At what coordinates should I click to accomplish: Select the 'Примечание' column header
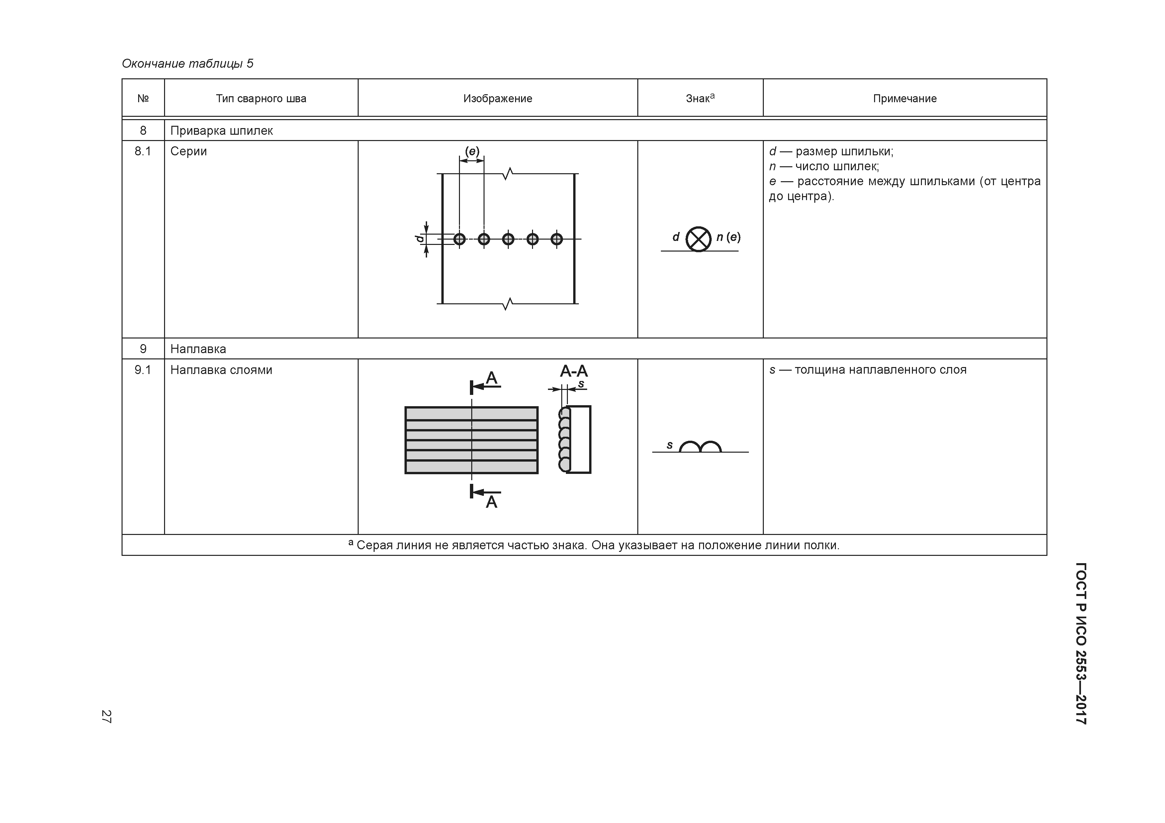click(x=904, y=98)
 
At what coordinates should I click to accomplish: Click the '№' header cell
click(x=143, y=98)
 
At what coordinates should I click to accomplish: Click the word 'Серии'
click(x=188, y=151)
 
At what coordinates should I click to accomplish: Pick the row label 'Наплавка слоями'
click(x=221, y=370)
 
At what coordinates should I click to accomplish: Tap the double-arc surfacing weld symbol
click(x=700, y=446)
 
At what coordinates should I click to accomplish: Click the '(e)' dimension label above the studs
click(x=472, y=151)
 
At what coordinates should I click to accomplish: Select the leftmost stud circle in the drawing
click(x=459, y=239)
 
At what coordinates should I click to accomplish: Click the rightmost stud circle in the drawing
click(x=557, y=239)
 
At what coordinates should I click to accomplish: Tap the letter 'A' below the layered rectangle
click(x=491, y=502)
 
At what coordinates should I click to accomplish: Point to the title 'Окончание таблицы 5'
click(x=187, y=63)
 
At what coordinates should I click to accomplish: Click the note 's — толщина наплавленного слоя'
click(x=868, y=370)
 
